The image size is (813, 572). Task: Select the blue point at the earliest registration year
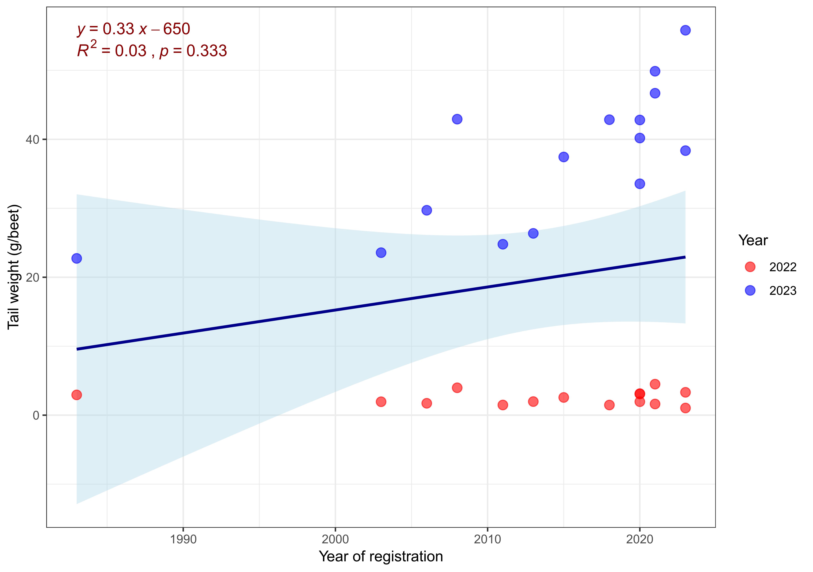pyautogui.click(x=77, y=258)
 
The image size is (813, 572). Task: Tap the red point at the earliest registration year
pyautogui.click(x=77, y=395)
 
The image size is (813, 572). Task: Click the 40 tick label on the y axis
pyautogui.click(x=32, y=140)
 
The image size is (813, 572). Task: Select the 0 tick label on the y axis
pyautogui.click(x=36, y=415)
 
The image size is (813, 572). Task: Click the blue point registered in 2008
pyautogui.click(x=457, y=119)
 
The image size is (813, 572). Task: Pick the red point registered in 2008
pyautogui.click(x=457, y=388)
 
